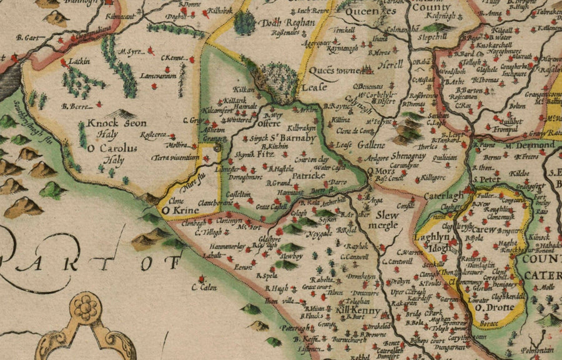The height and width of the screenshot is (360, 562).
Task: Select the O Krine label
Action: click(x=176, y=211)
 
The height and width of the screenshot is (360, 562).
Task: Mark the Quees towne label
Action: click(x=340, y=71)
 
